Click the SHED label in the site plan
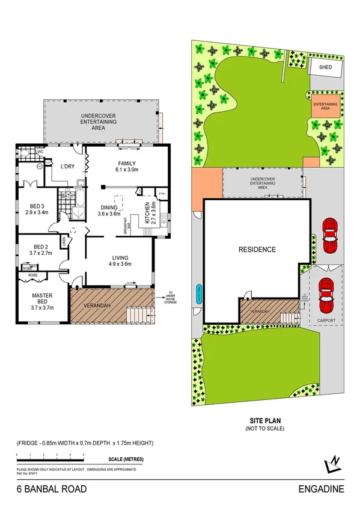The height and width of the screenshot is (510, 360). pos(325,68)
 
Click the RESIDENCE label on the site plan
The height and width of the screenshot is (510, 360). pos(257,249)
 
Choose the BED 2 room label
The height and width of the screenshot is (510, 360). pos(41,250)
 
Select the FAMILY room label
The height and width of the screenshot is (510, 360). pos(127,167)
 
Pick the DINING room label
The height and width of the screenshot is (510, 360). pos(110,209)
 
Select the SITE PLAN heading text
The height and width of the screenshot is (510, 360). pos(265,421)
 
